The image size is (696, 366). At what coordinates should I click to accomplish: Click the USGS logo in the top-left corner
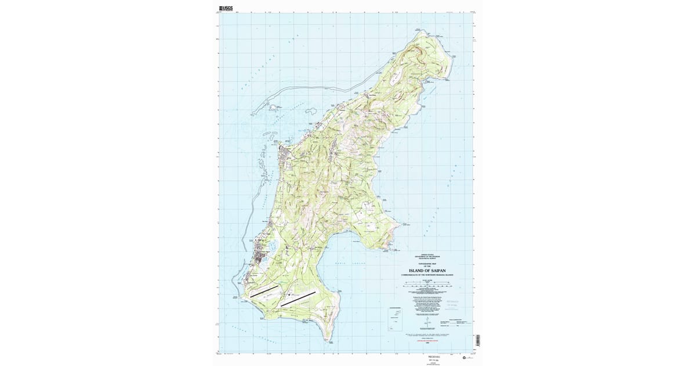coord(226,9)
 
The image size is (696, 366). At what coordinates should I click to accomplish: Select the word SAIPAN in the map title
coord(441,271)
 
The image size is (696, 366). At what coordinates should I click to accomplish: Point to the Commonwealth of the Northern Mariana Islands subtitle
coord(429,275)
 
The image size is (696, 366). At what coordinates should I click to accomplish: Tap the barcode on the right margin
coord(478,340)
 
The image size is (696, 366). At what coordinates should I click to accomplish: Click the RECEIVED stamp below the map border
coord(434,357)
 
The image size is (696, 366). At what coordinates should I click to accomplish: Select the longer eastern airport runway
coord(298,298)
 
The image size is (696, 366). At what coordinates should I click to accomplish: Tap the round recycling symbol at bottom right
coord(464,357)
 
